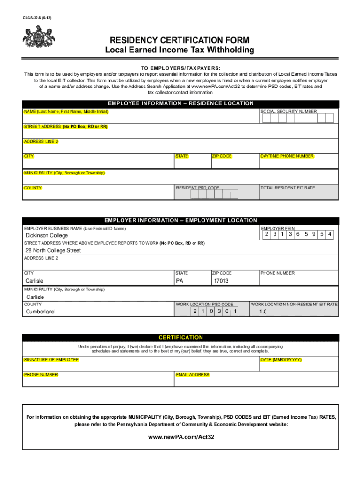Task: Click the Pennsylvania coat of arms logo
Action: [37, 36]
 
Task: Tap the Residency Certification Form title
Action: [180, 40]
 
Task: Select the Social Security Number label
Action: [288, 111]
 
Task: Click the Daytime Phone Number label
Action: [287, 156]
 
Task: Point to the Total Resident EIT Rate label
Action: [288, 188]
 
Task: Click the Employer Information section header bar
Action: [181, 220]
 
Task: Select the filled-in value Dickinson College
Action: [46, 235]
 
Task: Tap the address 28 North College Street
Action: [53, 251]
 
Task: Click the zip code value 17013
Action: [221, 281]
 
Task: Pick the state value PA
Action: [180, 281]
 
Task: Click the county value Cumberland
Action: [40, 312]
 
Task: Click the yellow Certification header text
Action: [181, 337]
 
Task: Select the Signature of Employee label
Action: [51, 360]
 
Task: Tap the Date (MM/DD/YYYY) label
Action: [281, 360]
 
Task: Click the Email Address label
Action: [193, 375]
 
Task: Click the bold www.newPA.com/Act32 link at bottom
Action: [181, 437]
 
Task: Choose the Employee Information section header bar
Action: [181, 103]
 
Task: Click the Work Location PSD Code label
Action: [204, 304]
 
